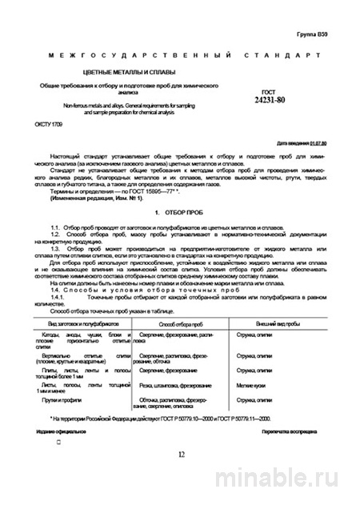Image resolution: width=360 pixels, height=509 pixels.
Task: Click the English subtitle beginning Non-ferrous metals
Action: (120, 107)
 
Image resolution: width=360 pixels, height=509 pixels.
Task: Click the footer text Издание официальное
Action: (60, 431)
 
